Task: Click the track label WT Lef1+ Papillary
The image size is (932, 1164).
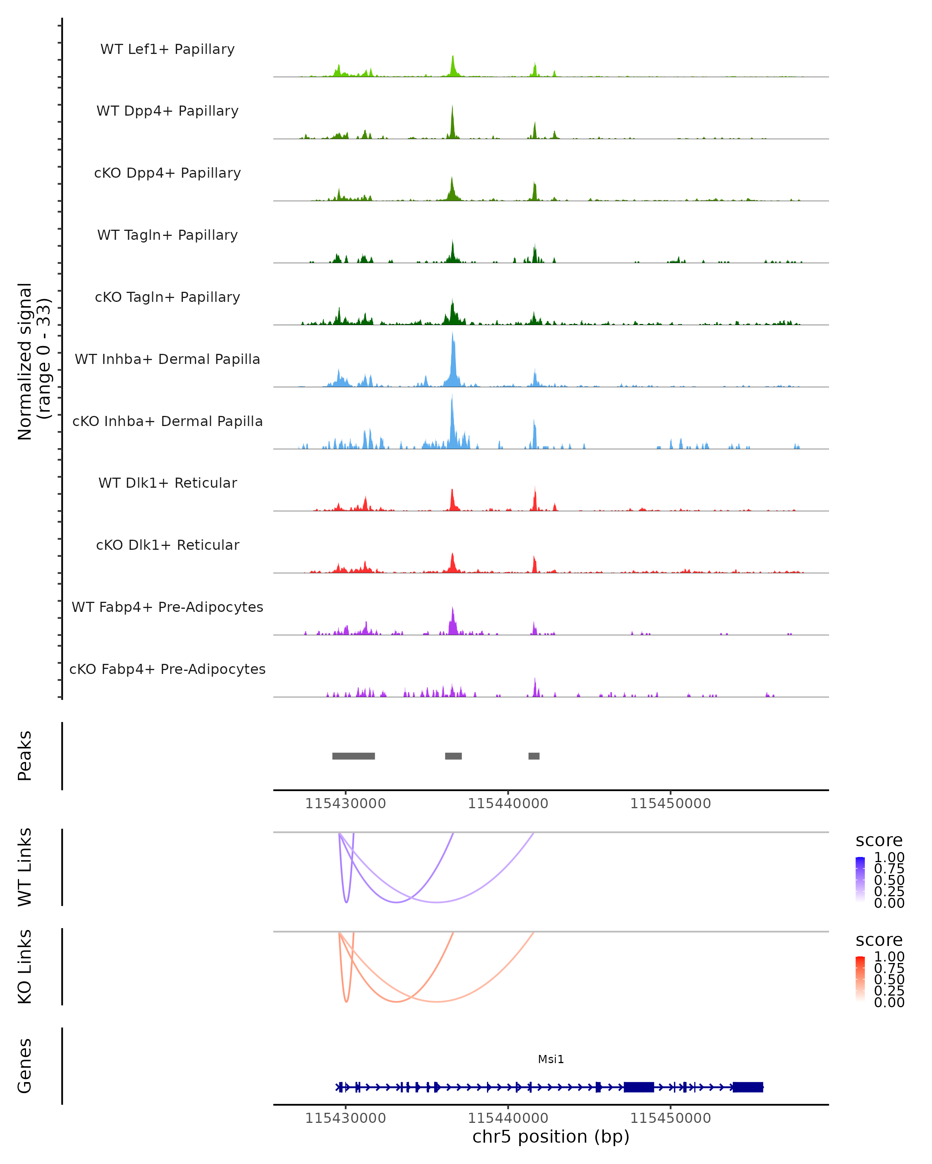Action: (x=167, y=49)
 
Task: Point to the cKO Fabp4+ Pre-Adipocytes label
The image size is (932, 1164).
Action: (x=167, y=669)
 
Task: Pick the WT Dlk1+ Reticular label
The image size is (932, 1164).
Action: (x=167, y=483)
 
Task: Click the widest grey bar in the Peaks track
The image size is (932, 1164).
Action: (x=353, y=756)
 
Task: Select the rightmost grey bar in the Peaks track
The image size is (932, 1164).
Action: (x=534, y=756)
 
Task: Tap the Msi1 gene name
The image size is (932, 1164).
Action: (x=551, y=1059)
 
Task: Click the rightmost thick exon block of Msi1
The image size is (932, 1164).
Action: (x=748, y=1087)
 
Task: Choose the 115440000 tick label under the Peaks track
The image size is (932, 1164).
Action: (x=508, y=804)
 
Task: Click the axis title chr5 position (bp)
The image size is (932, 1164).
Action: (x=551, y=1136)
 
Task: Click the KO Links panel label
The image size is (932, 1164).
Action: (x=25, y=967)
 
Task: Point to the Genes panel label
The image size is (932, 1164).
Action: (x=25, y=1066)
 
